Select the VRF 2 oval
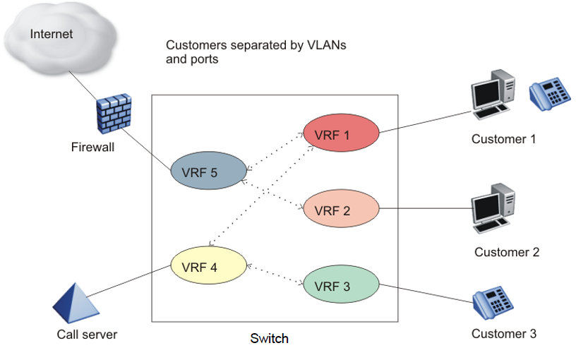342,210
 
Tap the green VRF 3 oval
342,286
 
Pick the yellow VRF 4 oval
209,266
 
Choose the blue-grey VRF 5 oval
209,171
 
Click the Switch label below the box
270,338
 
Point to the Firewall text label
93,148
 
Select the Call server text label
88,334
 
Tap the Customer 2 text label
507,252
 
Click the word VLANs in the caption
325,46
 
